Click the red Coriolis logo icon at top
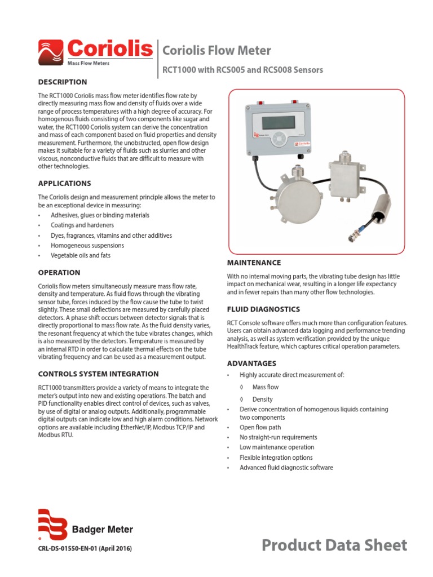coord(51,52)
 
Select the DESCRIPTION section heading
coord(62,82)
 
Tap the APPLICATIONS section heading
coord(64,184)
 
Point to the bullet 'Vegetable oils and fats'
coord(80,256)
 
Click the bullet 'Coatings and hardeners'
coord(82,225)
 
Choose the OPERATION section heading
coord(59,273)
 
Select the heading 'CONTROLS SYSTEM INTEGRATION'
coord(98,374)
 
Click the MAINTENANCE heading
coord(254,263)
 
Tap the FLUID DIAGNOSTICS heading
coord(263,309)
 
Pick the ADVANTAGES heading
coord(251,363)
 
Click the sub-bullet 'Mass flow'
coord(265,388)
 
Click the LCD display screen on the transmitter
coord(278,121)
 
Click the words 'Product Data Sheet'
coord(334,545)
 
